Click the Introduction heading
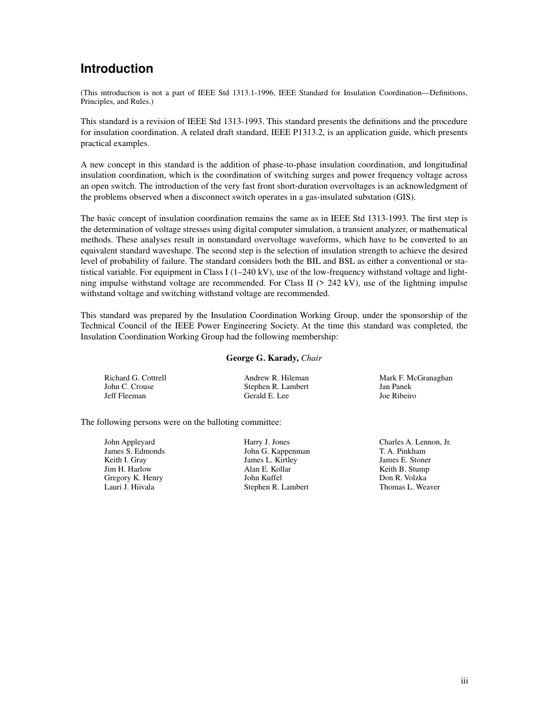tap(117, 69)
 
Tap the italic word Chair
tap(311, 358)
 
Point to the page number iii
tap(464, 681)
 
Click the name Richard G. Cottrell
tap(135, 378)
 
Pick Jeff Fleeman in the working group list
tap(125, 396)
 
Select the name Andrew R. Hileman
tap(276, 378)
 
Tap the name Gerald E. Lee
tap(267, 396)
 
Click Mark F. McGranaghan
tap(415, 378)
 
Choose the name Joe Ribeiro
tap(397, 396)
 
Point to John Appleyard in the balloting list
tap(129, 442)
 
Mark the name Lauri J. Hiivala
tap(129, 487)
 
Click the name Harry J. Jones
tap(267, 442)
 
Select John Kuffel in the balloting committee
tap(263, 478)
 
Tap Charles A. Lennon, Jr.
tap(415, 442)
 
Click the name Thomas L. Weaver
tap(410, 487)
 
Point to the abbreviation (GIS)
tap(402, 197)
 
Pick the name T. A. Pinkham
tap(402, 451)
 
